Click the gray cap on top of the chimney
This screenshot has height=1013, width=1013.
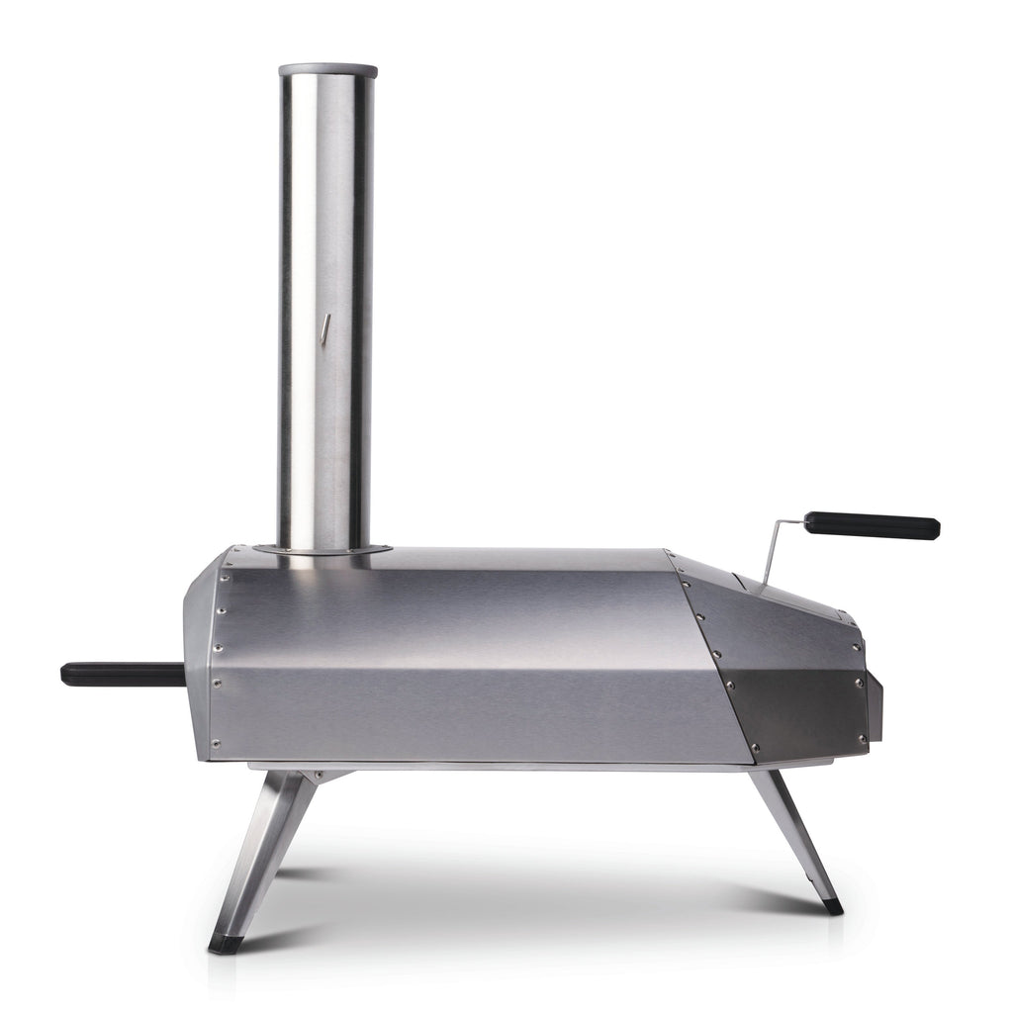coord(327,71)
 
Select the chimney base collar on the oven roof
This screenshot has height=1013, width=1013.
coord(322,548)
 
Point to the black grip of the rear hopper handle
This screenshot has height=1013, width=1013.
coord(872,525)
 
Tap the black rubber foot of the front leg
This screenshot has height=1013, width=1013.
coord(225,944)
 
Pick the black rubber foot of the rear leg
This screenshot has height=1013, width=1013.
coord(833,905)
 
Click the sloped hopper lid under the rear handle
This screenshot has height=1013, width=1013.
coord(791,594)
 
